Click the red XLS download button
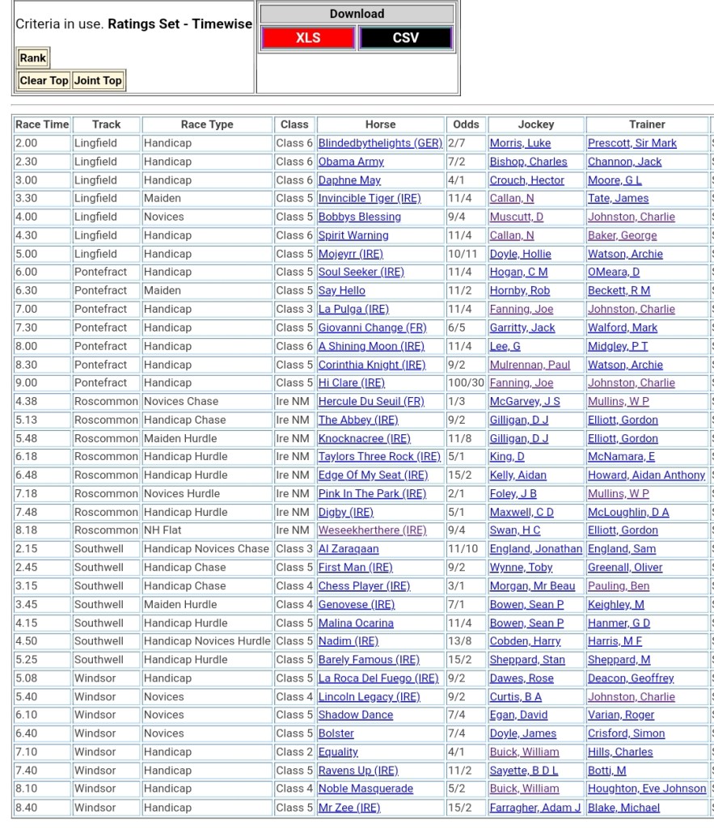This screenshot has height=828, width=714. (x=307, y=38)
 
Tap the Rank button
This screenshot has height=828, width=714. (x=33, y=57)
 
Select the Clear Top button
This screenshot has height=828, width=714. (x=44, y=80)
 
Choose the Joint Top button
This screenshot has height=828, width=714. (x=98, y=80)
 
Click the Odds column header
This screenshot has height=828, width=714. (x=466, y=125)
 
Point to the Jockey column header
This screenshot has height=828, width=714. (x=536, y=125)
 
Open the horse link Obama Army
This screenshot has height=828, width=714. (x=351, y=162)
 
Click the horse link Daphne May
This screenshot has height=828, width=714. (x=349, y=180)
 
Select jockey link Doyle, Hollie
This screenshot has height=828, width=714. (x=520, y=254)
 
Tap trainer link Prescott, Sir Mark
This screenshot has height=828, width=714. (x=632, y=143)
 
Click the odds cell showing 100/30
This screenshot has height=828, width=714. (x=464, y=382)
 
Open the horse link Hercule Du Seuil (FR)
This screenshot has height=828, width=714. (x=371, y=401)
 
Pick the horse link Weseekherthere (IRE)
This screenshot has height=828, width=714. (x=372, y=530)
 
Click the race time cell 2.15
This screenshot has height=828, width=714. (x=27, y=548)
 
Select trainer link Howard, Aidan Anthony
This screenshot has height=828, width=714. (x=646, y=475)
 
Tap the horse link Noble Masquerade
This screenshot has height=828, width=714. (x=365, y=788)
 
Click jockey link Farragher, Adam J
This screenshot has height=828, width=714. (x=535, y=807)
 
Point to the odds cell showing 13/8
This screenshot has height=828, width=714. (x=459, y=641)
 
